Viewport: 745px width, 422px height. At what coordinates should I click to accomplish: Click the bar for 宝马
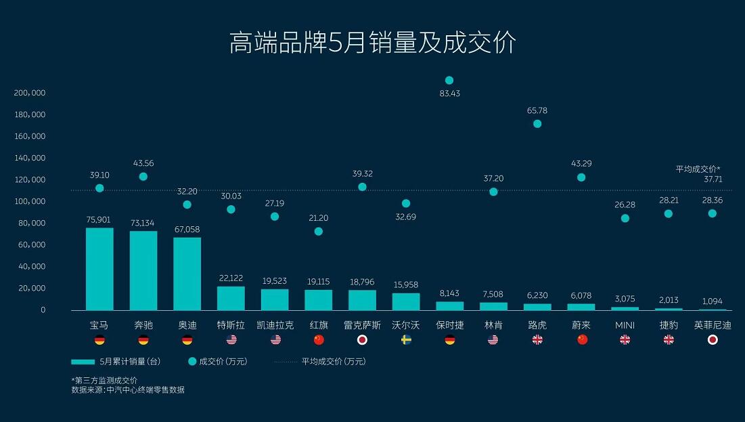[x=99, y=269]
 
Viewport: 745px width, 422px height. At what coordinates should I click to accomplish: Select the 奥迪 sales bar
[x=187, y=274]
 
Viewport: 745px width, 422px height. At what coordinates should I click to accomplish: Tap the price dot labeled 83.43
[x=449, y=81]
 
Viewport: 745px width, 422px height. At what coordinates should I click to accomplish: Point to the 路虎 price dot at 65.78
[x=537, y=124]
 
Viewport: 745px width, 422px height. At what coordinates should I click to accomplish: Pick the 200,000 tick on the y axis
[x=30, y=93]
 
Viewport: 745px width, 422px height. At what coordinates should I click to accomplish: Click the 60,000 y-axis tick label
[x=32, y=245]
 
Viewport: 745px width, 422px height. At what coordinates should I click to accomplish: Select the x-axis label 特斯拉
[x=231, y=325]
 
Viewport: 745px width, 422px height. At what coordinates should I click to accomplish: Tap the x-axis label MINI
[x=625, y=325]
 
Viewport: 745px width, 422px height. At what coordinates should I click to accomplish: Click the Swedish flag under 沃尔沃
[x=406, y=340]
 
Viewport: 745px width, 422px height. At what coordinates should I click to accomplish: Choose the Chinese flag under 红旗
[x=319, y=340]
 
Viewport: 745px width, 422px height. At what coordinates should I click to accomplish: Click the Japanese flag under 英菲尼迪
[x=712, y=340]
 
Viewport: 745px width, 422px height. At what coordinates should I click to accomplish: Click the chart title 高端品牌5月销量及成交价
[x=373, y=43]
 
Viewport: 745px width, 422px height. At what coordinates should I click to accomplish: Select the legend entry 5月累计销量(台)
[x=116, y=362]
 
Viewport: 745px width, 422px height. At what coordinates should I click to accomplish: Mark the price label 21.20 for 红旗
[x=318, y=217]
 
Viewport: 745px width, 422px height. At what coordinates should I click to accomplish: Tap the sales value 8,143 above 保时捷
[x=449, y=293]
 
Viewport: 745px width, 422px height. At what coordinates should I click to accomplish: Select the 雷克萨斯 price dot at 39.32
[x=362, y=187]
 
